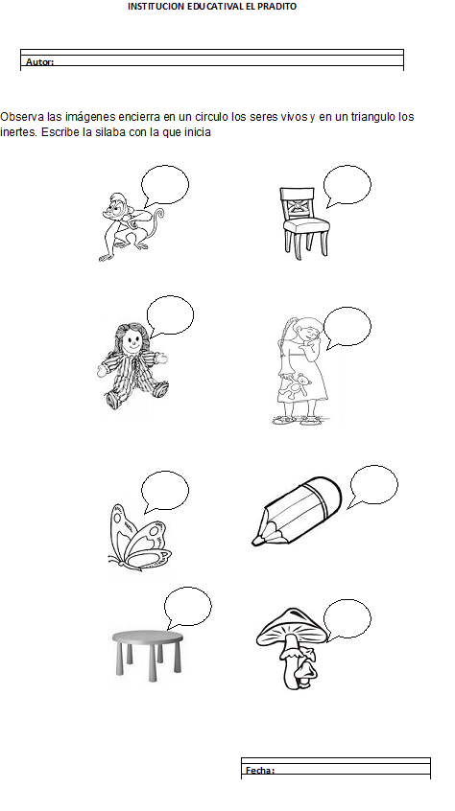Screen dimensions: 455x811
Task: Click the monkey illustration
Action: tap(130, 226)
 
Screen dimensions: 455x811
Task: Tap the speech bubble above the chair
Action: tap(347, 185)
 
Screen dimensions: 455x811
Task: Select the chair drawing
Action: tap(304, 223)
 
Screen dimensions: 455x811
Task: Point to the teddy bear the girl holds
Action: tap(298, 385)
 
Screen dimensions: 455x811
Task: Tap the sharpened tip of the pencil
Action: tap(255, 542)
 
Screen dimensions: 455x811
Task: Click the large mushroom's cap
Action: tap(292, 626)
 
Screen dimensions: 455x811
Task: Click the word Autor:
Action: tap(39, 62)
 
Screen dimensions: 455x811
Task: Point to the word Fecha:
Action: tap(260, 771)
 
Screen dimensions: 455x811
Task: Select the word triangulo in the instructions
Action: tap(373, 117)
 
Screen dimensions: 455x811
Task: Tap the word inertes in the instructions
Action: tap(18, 132)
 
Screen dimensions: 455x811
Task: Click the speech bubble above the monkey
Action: tap(165, 185)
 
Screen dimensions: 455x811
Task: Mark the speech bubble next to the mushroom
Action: tap(347, 619)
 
